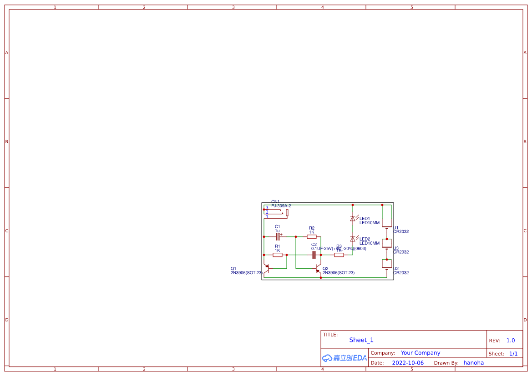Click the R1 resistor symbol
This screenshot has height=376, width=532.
[x=278, y=255]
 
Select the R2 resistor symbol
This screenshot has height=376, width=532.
[x=312, y=237]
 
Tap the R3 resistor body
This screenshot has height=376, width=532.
[x=339, y=255]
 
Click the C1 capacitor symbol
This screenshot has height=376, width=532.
[x=278, y=236]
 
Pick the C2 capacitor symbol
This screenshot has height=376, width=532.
[x=314, y=255]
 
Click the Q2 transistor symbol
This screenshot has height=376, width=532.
[x=319, y=269]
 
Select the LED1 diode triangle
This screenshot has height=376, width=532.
[x=353, y=219]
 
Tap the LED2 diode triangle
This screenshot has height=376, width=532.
[x=353, y=239]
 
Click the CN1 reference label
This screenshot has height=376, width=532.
[x=275, y=201]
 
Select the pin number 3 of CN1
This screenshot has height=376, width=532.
[x=267, y=207]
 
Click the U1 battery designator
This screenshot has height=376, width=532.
[x=396, y=228]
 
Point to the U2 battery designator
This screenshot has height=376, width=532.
[x=396, y=269]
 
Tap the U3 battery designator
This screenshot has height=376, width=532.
[x=396, y=248]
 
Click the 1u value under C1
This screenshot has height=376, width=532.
[x=277, y=231]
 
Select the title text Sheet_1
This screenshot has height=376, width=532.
[x=361, y=340]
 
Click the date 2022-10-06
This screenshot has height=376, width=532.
[x=408, y=363]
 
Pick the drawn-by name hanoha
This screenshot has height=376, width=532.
[x=474, y=363]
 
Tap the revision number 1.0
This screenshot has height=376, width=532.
[x=511, y=341]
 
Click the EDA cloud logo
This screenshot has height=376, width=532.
[x=345, y=358]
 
